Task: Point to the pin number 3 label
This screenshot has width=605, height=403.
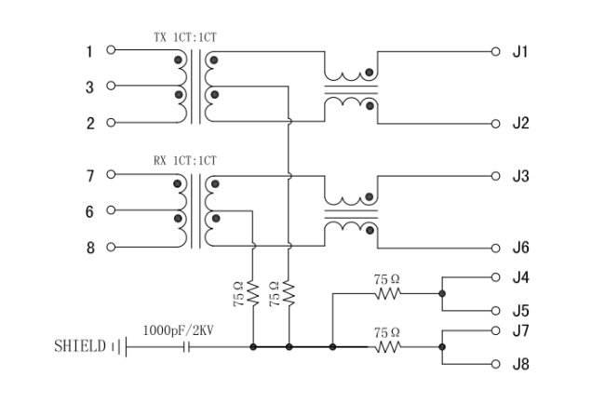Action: [90, 87]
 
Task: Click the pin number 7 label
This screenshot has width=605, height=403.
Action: [90, 175]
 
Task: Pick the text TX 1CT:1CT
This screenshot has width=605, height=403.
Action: [186, 38]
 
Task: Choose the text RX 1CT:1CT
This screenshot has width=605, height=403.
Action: [186, 160]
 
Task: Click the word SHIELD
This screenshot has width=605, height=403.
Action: [80, 347]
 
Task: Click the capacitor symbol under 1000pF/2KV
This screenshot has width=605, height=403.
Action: [189, 347]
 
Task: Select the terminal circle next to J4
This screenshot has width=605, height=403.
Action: [496, 276]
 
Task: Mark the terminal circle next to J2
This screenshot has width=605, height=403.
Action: [496, 122]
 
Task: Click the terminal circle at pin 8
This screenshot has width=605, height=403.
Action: [112, 248]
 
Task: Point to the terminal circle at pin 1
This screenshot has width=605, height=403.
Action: [112, 51]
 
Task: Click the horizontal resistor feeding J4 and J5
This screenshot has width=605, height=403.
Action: [387, 294]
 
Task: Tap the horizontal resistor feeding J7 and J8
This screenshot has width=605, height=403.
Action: [387, 347]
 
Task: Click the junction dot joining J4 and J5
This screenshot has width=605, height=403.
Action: [442, 294]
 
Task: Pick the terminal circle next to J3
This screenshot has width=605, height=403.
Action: [496, 175]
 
